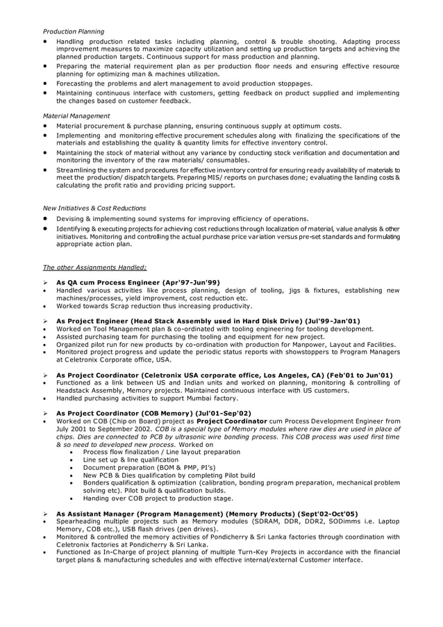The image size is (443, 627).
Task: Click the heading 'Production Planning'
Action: (x=74, y=31)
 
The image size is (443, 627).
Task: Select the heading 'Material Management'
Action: (x=76, y=115)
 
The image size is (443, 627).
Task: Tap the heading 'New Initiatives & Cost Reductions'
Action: (x=94, y=208)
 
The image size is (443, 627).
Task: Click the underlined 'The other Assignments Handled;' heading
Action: (x=94, y=267)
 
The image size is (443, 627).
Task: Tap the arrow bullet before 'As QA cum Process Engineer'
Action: (x=46, y=282)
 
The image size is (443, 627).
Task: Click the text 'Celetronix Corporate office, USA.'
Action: (x=114, y=359)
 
